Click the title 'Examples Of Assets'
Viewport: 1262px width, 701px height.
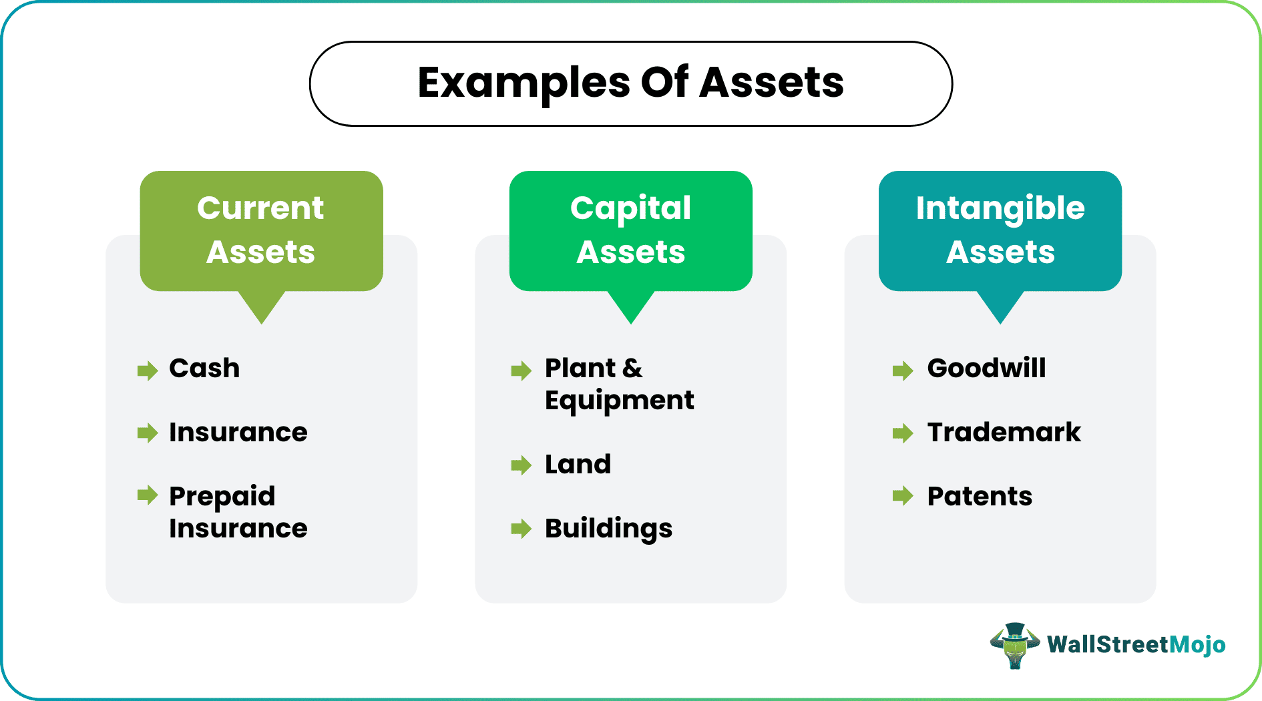tap(631, 83)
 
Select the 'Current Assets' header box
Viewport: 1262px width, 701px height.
tap(261, 231)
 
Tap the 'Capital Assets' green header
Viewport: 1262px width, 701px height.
tap(631, 231)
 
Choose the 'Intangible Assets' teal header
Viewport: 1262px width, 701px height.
tap(1000, 231)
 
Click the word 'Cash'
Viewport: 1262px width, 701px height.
tap(204, 369)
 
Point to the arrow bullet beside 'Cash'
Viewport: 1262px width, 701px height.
tap(148, 370)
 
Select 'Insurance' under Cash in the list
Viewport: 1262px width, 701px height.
tap(238, 433)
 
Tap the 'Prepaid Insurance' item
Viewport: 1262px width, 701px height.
tap(238, 512)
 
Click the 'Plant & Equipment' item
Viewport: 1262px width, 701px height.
tap(620, 385)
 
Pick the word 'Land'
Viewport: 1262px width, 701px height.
tap(578, 464)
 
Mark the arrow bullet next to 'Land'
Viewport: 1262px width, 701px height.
tap(521, 465)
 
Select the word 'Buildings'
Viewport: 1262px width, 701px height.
tap(609, 529)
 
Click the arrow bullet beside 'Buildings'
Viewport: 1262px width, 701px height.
tap(521, 529)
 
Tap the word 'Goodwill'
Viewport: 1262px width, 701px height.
tap(987, 369)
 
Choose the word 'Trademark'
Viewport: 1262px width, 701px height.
tap(1004, 433)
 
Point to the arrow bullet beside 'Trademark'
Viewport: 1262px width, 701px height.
tap(903, 433)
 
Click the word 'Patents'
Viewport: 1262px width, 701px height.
tap(980, 497)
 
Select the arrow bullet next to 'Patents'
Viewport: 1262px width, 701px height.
tap(903, 496)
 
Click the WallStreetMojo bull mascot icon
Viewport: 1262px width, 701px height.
tap(1015, 646)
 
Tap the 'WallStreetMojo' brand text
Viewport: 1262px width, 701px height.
tap(1136, 645)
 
